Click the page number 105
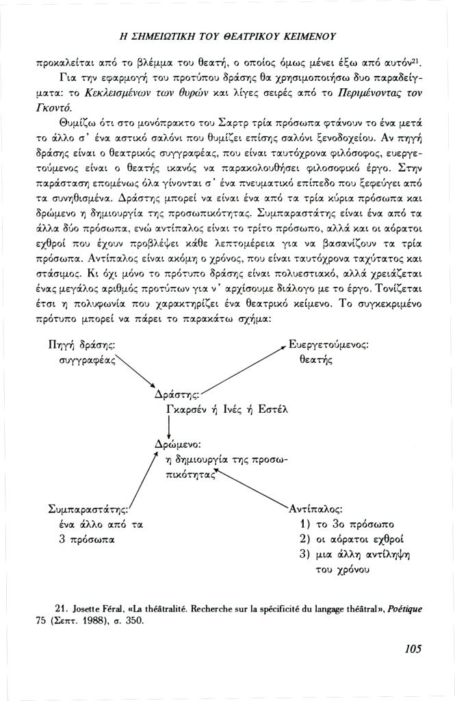(412, 649)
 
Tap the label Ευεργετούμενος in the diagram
(329, 346)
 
